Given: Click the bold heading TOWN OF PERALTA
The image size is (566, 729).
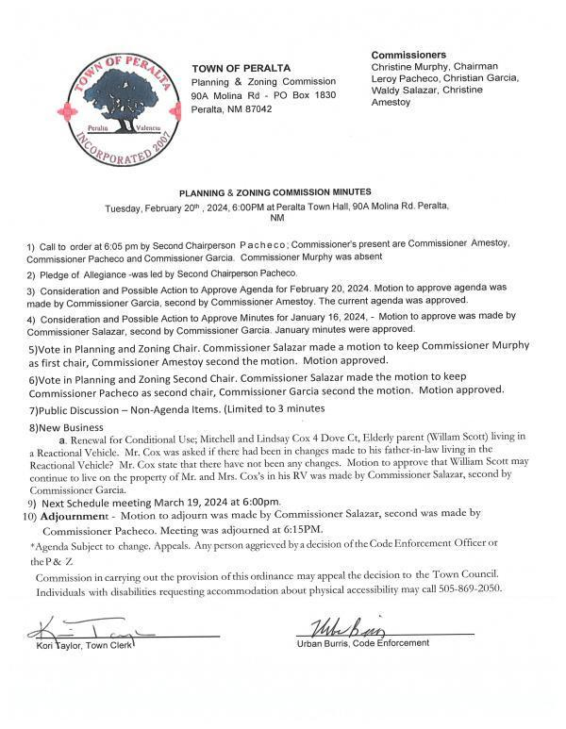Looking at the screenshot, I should click(x=241, y=69).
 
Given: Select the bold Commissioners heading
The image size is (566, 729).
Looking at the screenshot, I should click(x=408, y=55).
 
